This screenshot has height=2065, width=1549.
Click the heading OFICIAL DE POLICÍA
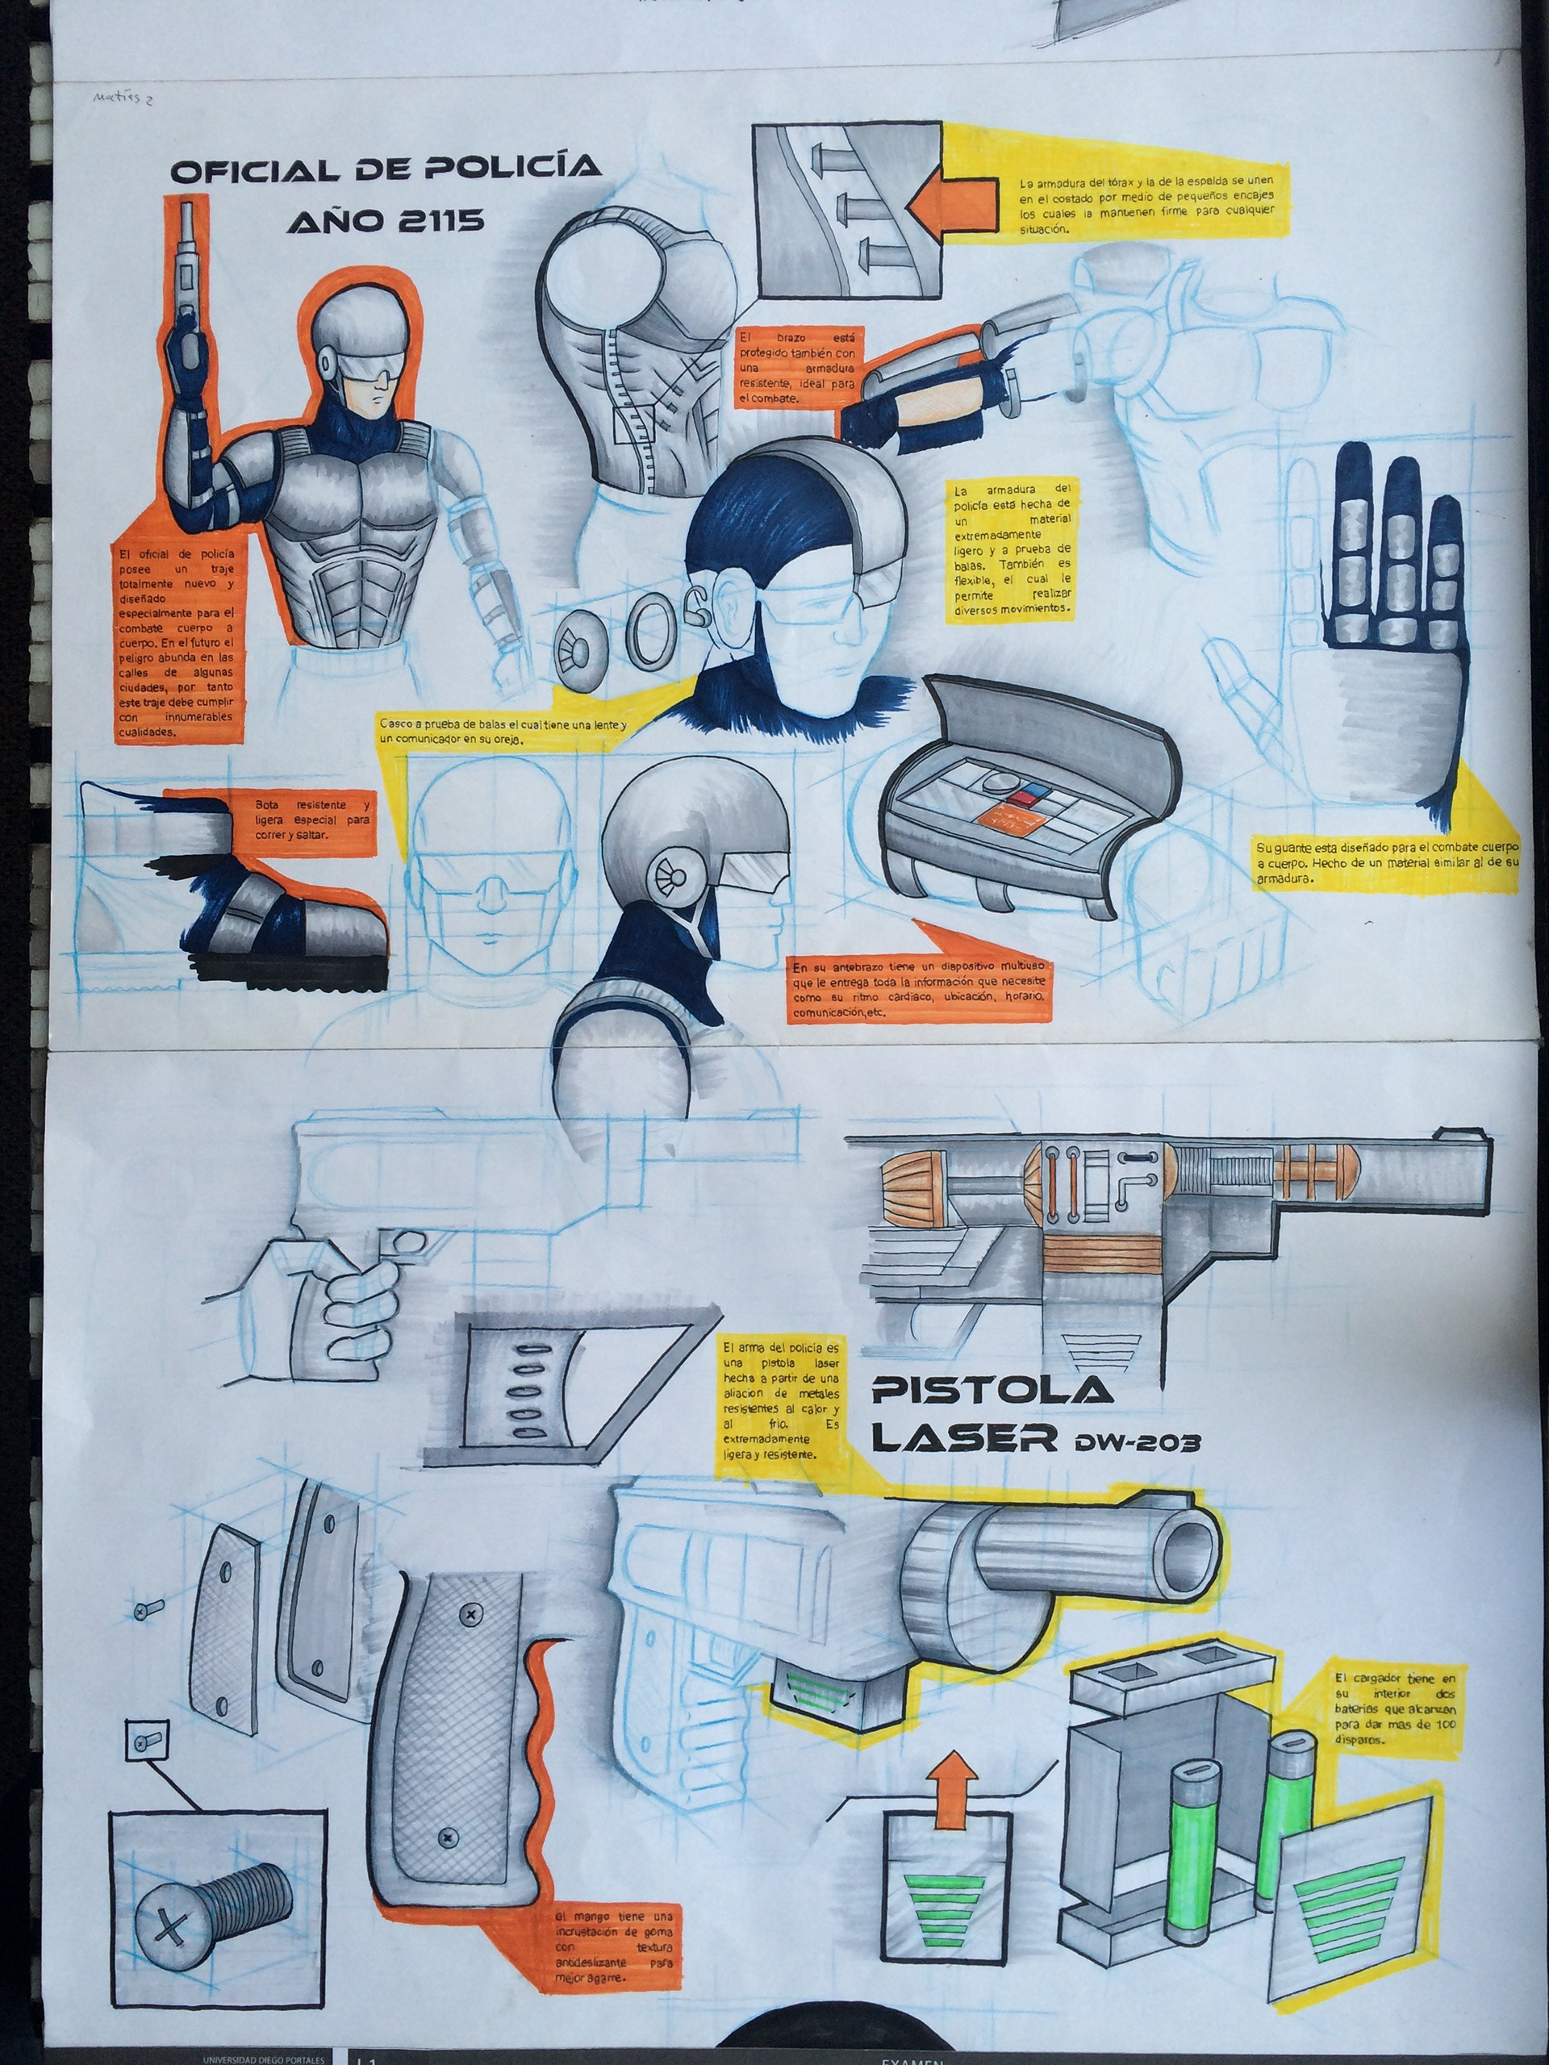(385, 170)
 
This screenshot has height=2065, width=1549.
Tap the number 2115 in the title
(452, 220)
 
